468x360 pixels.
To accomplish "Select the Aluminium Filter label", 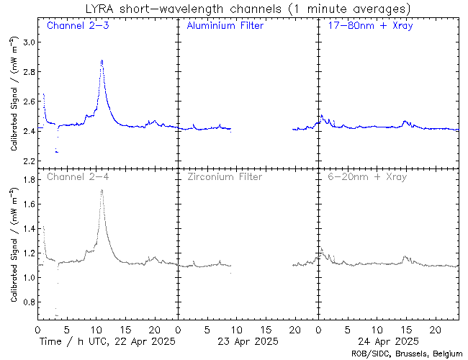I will point(225,26).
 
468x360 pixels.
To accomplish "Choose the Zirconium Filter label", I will point(225,176).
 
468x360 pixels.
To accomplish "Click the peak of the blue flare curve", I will point(102,61).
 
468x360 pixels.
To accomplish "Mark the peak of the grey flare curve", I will point(102,191).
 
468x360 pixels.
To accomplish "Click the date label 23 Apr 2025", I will point(247,341).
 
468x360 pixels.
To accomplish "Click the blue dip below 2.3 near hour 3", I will point(57,152).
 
